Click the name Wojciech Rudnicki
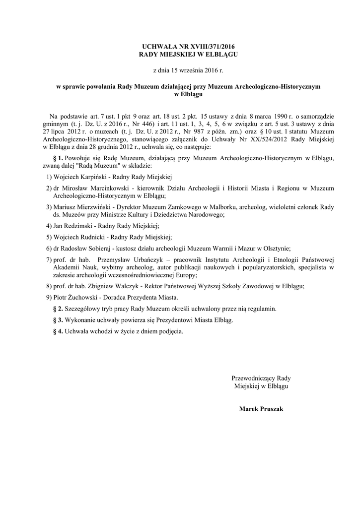point(77,237)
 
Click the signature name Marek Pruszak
point(261,409)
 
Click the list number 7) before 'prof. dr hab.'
point(49,259)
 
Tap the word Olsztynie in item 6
point(275,248)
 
